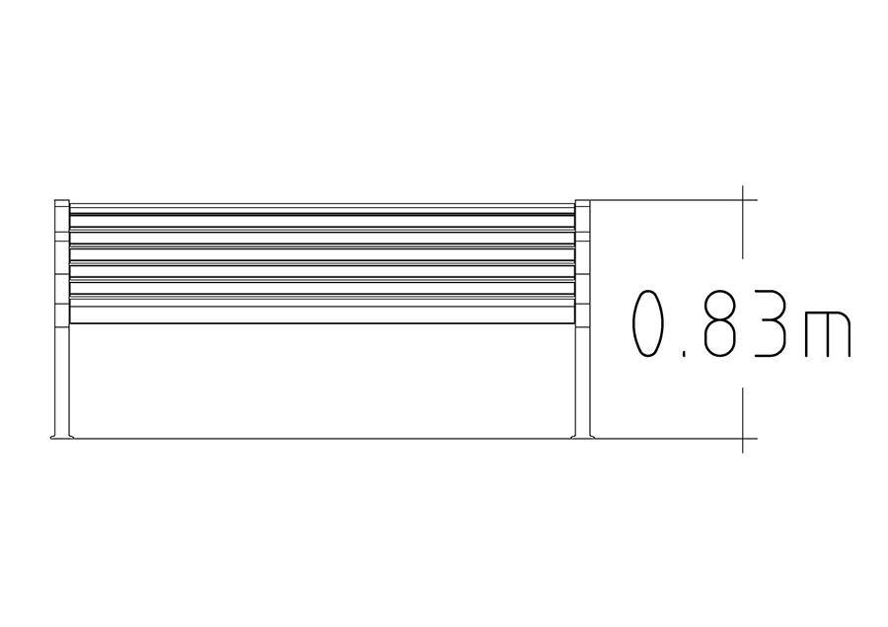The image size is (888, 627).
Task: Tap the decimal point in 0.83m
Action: pyautogui.click(x=685, y=354)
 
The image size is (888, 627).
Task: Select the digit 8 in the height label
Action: pyautogui.click(x=720, y=324)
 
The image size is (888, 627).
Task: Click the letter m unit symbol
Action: pyautogui.click(x=828, y=334)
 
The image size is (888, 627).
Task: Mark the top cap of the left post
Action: pyautogui.click(x=62, y=201)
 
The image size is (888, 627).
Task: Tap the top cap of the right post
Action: pyautogui.click(x=583, y=201)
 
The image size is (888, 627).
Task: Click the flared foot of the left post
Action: pyautogui.click(x=62, y=436)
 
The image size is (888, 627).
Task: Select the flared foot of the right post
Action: pyautogui.click(x=583, y=436)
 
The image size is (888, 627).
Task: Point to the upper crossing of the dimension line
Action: pyautogui.click(x=743, y=200)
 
